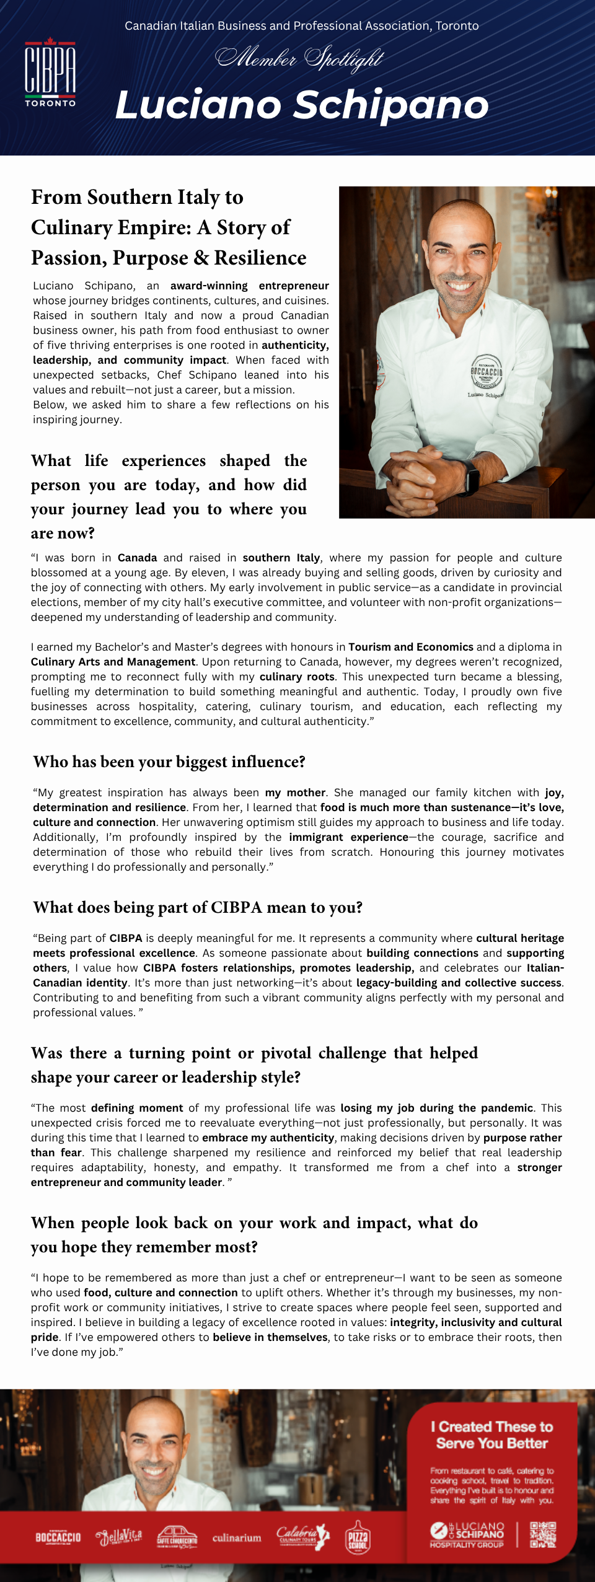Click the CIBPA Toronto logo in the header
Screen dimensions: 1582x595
pyautogui.click(x=50, y=73)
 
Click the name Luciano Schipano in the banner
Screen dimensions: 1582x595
pyautogui.click(x=302, y=104)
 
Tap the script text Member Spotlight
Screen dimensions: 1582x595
pyautogui.click(x=299, y=59)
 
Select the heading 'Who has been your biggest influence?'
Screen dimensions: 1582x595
pyautogui.click(x=169, y=762)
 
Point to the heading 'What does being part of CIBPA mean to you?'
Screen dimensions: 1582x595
pyautogui.click(x=198, y=907)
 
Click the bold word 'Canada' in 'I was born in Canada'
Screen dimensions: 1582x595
pyautogui.click(x=137, y=558)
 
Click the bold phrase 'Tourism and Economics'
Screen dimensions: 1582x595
pyautogui.click(x=410, y=647)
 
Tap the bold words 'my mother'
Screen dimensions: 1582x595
pyautogui.click(x=295, y=793)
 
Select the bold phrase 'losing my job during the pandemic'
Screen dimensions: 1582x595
pyautogui.click(x=436, y=1108)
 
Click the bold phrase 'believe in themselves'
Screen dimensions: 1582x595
pyautogui.click(x=270, y=1337)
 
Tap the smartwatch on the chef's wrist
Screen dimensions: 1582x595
pyautogui.click(x=472, y=479)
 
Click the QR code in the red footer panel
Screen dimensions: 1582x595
pyautogui.click(x=543, y=1534)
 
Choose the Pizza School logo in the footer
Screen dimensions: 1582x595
pyautogui.click(x=358, y=1537)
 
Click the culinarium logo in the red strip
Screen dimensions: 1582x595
pyautogui.click(x=237, y=1538)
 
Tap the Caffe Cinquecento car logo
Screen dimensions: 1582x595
pyautogui.click(x=177, y=1537)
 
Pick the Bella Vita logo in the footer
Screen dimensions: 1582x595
pyautogui.click(x=119, y=1537)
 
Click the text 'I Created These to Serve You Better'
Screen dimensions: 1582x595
pyautogui.click(x=492, y=1435)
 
